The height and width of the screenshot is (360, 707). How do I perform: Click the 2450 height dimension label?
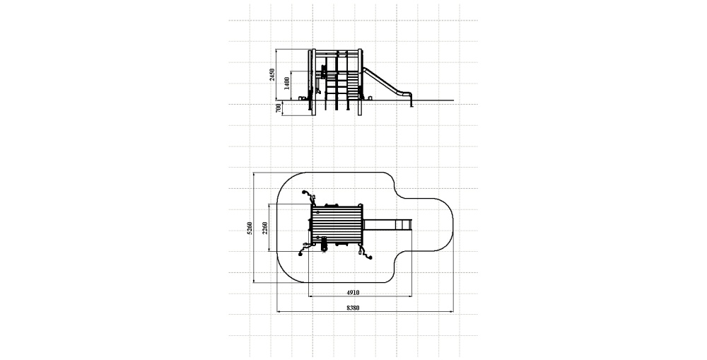click(272, 75)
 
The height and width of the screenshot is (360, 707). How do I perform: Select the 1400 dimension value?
click(287, 83)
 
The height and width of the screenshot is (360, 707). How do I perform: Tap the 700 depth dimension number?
click(278, 108)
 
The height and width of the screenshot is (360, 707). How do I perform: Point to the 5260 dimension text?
click(250, 228)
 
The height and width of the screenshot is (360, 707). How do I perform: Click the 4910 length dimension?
click(353, 292)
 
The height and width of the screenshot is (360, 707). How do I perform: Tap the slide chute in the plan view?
click(387, 225)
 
